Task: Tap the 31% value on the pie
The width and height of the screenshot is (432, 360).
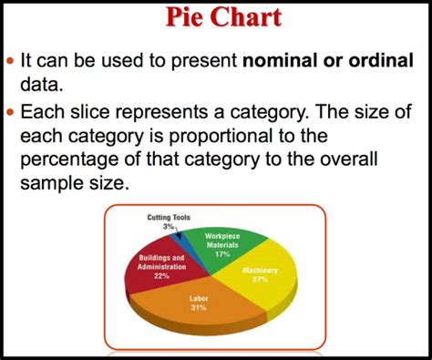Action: click(x=199, y=308)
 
